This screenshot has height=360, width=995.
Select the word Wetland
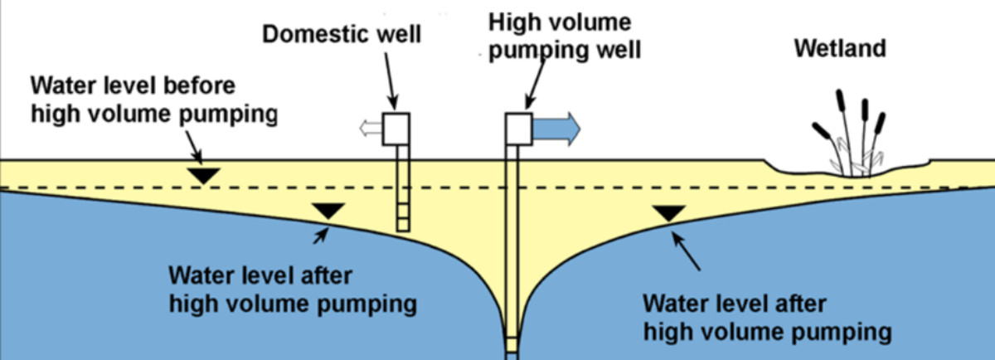[839, 48]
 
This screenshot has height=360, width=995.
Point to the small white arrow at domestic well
[369, 129]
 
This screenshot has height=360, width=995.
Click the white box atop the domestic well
[396, 129]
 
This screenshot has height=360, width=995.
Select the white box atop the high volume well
[518, 129]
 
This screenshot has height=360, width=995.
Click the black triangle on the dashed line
[202, 176]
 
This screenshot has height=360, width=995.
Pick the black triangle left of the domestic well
[328, 211]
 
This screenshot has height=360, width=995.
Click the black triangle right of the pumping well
[668, 214]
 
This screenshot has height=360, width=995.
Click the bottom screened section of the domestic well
[402, 217]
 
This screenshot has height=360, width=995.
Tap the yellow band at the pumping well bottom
[512, 343]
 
